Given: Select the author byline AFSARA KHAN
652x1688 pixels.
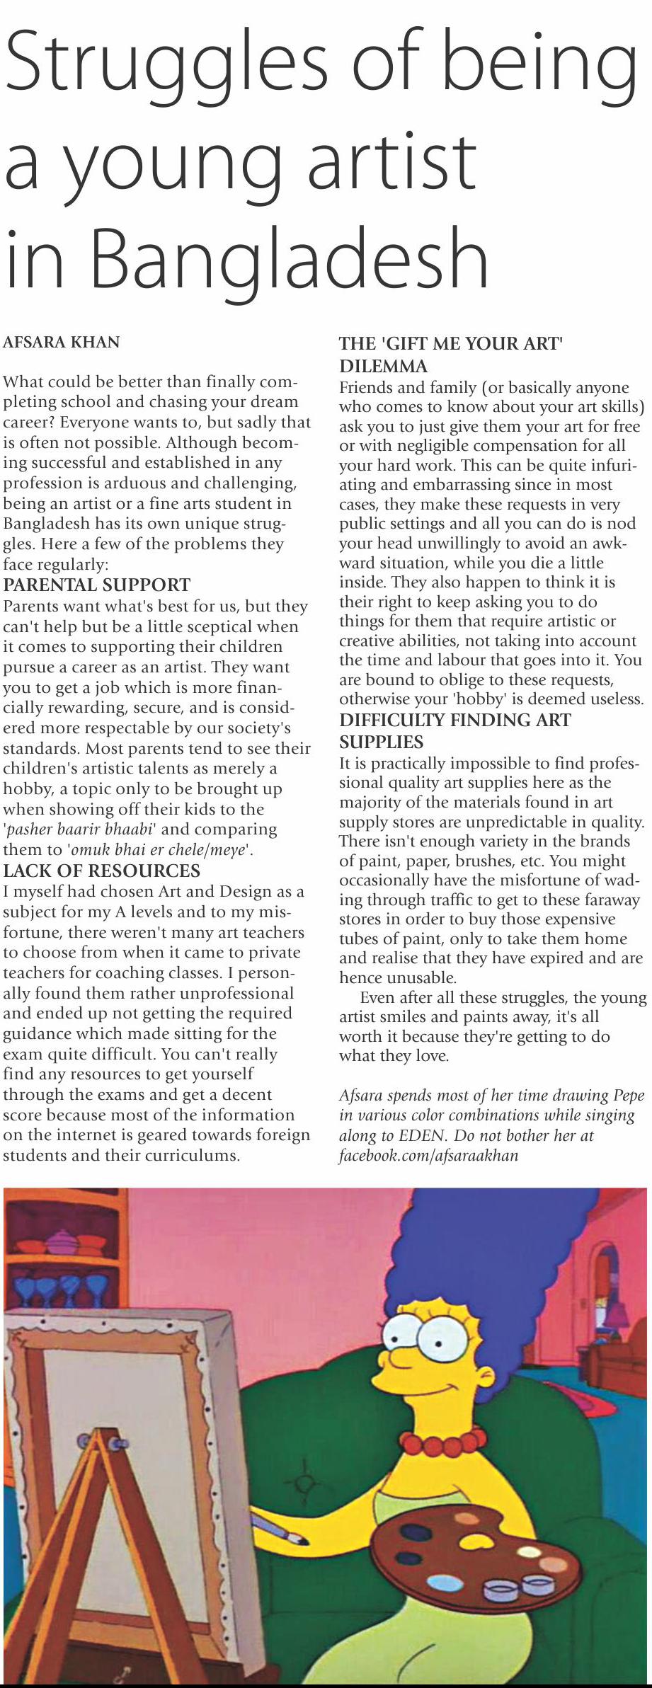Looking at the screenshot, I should point(62,343).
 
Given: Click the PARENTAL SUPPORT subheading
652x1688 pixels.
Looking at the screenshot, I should point(97,585).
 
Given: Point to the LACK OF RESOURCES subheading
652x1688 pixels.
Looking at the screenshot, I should point(102,870).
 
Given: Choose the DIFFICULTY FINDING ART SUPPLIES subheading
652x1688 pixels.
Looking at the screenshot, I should point(454,730).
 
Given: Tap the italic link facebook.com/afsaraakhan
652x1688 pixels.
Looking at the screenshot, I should point(429,1155).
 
